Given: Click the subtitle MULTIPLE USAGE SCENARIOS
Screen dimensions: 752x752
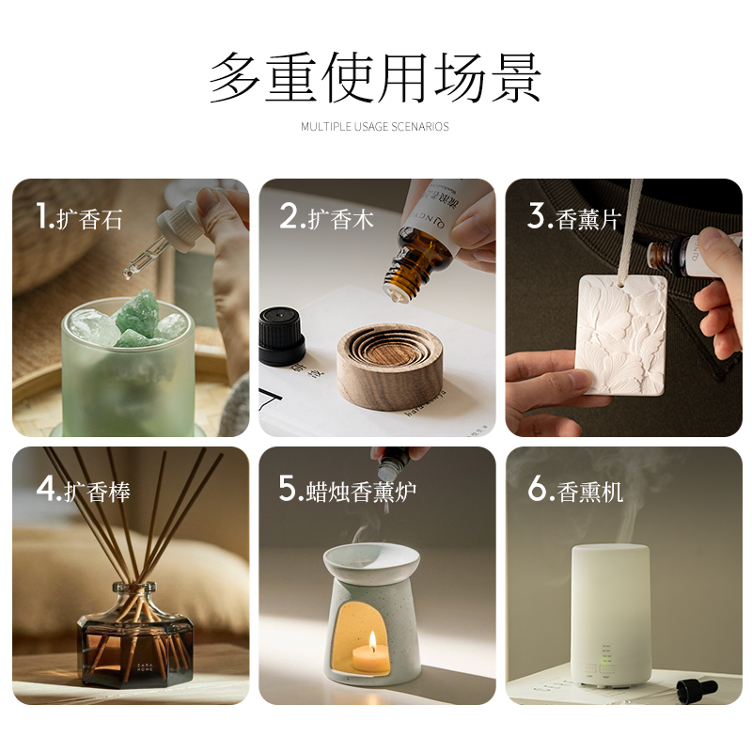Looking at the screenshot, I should click(375, 127).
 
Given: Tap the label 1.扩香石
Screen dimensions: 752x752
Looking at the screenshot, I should click(80, 218).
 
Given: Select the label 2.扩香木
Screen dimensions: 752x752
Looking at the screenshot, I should click(326, 218).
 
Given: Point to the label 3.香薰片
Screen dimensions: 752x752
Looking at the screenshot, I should click(574, 218).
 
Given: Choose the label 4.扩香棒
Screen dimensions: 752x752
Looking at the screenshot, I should click(84, 490).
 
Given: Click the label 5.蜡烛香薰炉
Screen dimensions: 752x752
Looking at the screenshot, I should click(347, 490).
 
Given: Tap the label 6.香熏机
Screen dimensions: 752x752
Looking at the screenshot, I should click(575, 490).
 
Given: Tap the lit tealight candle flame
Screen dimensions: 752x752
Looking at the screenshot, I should click(373, 643).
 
